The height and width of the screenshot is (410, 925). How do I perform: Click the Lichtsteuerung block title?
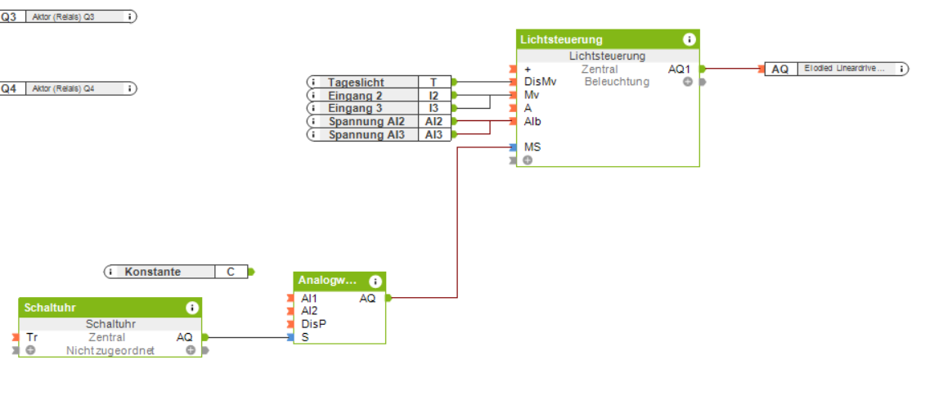[x=561, y=39]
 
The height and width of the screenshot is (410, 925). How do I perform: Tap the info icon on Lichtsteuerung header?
[x=689, y=39]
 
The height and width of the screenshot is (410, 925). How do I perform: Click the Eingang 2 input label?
[x=355, y=95]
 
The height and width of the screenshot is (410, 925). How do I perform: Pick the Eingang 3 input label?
[x=355, y=108]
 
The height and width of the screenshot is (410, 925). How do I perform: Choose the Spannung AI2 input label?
[x=366, y=121]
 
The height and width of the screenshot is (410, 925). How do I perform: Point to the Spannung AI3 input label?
[x=366, y=134]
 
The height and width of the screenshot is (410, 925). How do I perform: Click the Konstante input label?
[x=152, y=272]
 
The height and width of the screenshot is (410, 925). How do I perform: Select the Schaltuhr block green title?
[x=51, y=308]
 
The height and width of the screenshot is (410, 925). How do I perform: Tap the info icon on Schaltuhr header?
[x=192, y=308]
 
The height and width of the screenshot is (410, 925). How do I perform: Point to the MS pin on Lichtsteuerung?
[x=532, y=147]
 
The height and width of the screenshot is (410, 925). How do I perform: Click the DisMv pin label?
[x=540, y=82]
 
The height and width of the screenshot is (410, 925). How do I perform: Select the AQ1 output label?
[x=679, y=70]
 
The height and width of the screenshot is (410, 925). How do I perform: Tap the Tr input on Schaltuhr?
[x=32, y=337]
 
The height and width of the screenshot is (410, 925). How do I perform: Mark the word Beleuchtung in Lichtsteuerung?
[x=617, y=82]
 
